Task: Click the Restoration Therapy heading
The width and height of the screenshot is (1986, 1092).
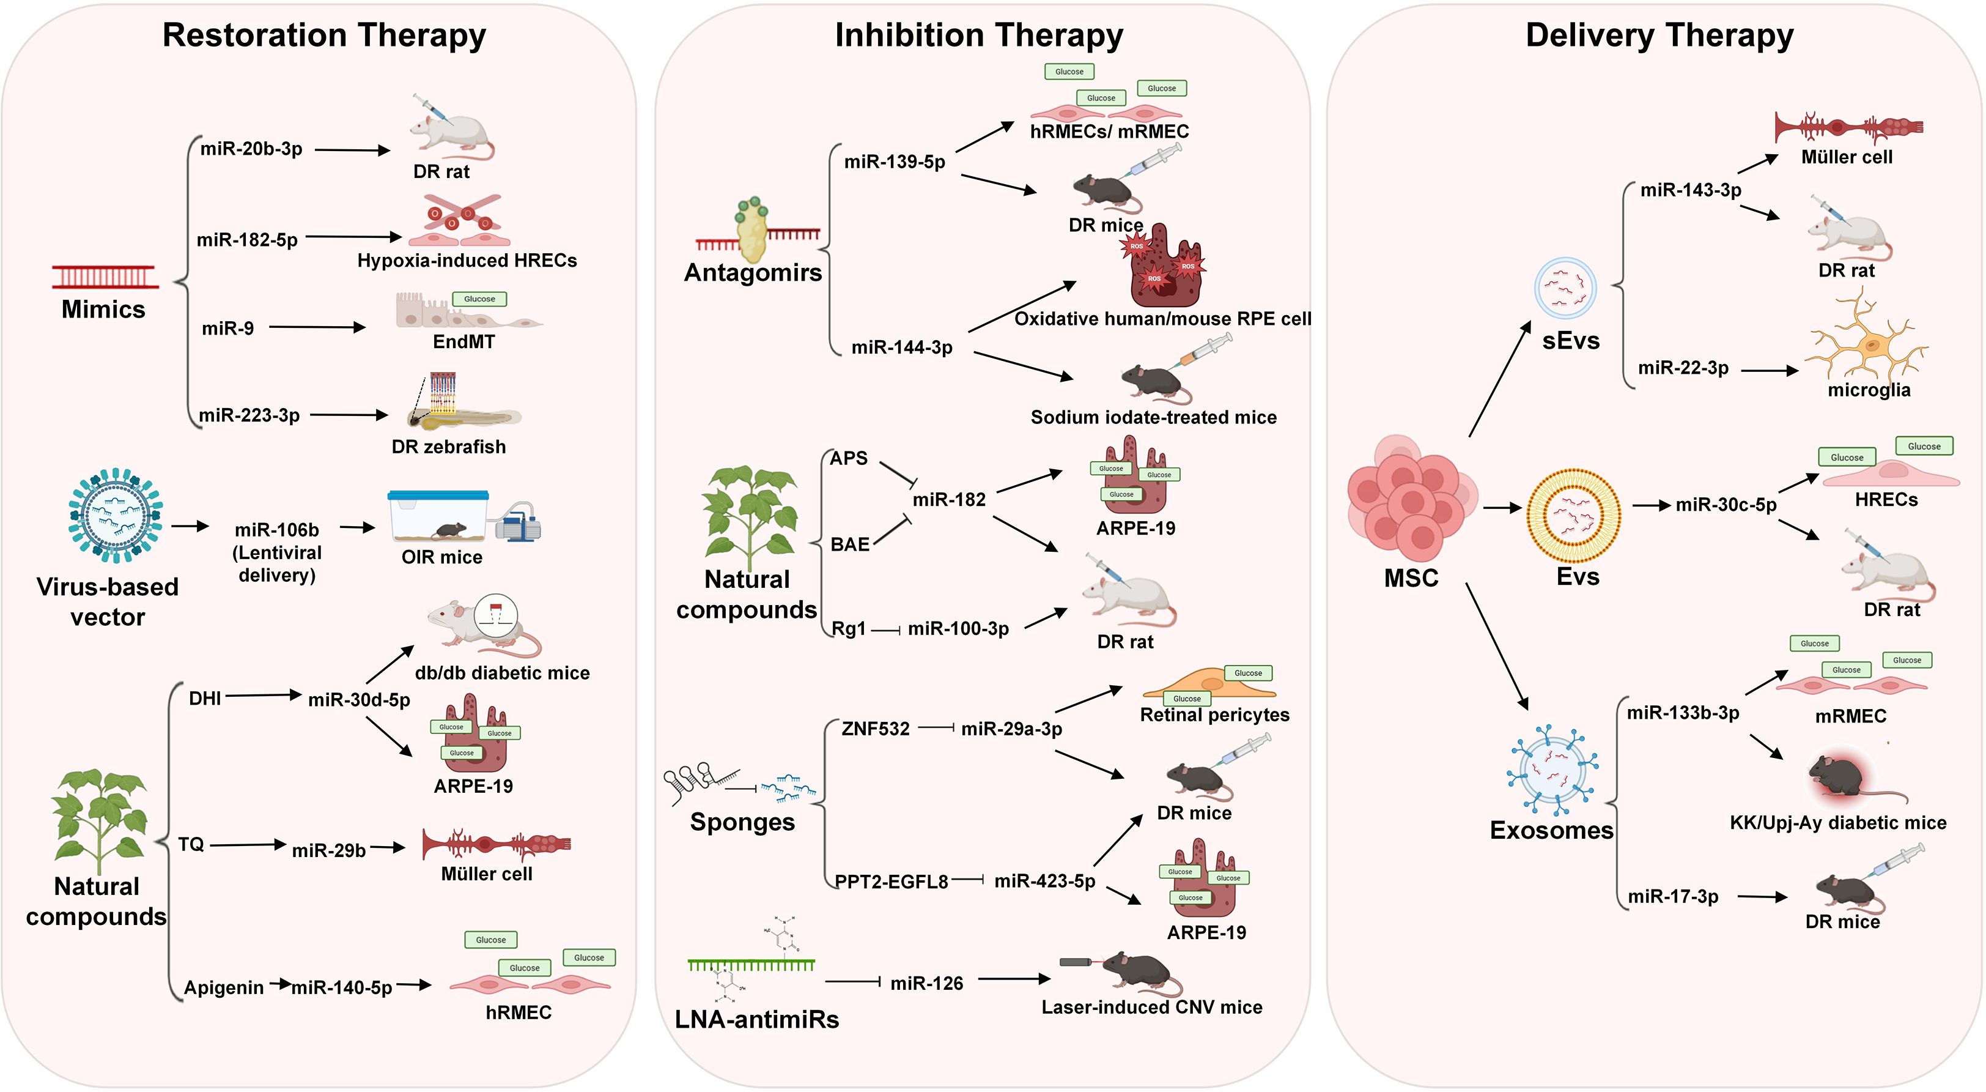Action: tap(324, 35)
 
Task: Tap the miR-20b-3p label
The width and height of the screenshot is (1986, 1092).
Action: tap(251, 149)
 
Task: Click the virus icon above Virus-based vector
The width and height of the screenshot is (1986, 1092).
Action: tap(116, 514)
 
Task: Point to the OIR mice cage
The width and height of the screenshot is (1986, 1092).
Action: tap(438, 517)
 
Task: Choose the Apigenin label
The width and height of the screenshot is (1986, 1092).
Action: tap(224, 988)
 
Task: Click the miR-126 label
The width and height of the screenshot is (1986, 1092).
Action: tap(927, 983)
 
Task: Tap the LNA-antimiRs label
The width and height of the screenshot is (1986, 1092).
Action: tap(756, 1020)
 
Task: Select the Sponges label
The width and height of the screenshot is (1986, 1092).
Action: tap(742, 822)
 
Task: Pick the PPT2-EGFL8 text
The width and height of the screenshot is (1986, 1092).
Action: tap(891, 882)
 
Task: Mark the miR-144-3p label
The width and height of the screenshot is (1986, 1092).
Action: tap(901, 348)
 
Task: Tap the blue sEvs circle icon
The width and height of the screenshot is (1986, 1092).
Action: tap(1565, 288)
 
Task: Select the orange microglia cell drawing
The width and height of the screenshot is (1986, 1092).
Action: tap(1868, 340)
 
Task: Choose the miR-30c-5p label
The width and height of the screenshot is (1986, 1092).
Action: tap(1726, 505)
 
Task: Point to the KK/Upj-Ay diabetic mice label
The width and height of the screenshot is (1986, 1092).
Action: tap(1838, 823)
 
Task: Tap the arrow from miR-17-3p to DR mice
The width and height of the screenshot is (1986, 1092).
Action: tap(1762, 897)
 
